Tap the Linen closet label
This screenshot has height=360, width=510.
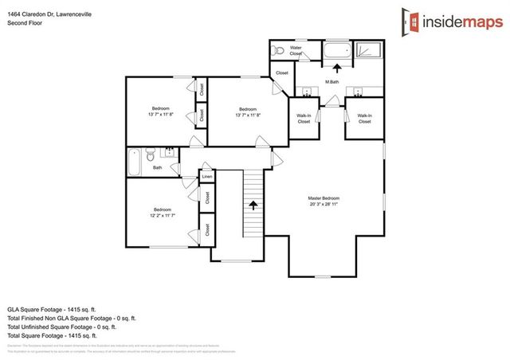pyautogui.click(x=206, y=177)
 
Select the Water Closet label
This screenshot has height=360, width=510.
pyautogui.click(x=296, y=51)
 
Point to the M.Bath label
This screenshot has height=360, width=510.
pyautogui.click(x=333, y=82)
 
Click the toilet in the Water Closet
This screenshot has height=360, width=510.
pyautogui.click(x=277, y=50)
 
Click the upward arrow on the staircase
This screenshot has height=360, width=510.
pyautogui.click(x=254, y=205)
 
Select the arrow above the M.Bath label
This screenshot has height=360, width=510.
pyautogui.click(x=334, y=68)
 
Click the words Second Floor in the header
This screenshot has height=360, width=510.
pyautogui.click(x=24, y=23)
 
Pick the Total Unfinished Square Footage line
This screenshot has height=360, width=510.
pyautogui.click(x=62, y=327)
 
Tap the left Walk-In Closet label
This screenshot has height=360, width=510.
pyautogui.click(x=304, y=119)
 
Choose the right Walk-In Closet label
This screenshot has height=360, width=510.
pyautogui.click(x=364, y=119)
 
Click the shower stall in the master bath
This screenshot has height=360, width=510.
pyautogui.click(x=368, y=53)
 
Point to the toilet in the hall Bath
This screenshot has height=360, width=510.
pyautogui.click(x=148, y=155)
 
